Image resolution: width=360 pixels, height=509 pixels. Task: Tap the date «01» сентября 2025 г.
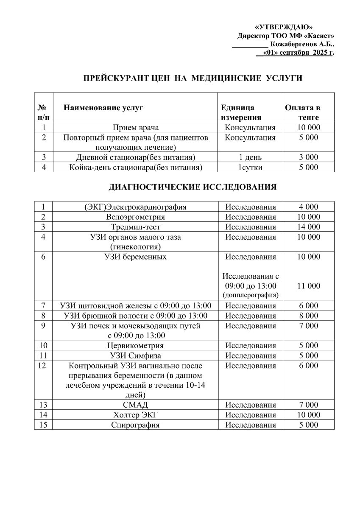click(x=299, y=53)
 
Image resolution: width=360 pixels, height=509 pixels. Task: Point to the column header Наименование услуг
click(x=103, y=108)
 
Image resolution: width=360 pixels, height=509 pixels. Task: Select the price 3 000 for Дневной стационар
click(x=308, y=157)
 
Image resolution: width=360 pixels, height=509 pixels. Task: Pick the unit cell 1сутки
click(x=250, y=168)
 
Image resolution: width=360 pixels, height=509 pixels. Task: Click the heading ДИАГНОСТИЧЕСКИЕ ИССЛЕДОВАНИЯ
click(x=193, y=187)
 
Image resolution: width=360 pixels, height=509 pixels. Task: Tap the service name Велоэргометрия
click(x=136, y=217)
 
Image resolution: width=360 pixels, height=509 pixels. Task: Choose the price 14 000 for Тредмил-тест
click(x=308, y=227)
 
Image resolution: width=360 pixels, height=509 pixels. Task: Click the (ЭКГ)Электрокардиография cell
click(x=136, y=207)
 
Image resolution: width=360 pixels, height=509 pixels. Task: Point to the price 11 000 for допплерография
click(x=308, y=286)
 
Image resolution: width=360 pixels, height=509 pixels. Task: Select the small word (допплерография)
click(x=250, y=294)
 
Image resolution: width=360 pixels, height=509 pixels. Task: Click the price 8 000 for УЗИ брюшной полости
click(x=308, y=316)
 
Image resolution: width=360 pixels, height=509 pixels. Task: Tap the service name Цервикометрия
click(x=136, y=345)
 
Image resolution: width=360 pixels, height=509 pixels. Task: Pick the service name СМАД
click(x=136, y=405)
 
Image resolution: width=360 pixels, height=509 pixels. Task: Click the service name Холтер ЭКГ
click(x=136, y=415)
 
